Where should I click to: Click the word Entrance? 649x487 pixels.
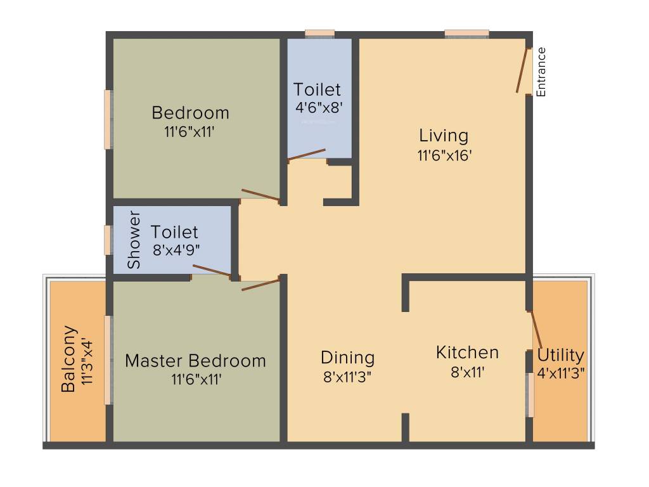coord(541,72)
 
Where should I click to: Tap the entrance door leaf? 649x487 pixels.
coord(523,71)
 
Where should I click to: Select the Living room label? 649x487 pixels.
coord(444,135)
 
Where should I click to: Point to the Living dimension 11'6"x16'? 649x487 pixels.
coord(444,155)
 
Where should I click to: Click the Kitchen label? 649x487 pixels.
coord(467,353)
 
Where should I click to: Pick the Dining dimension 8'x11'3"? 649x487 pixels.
coord(347,377)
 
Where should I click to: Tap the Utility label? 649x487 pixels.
coord(560,355)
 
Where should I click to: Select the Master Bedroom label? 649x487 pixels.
coord(195,361)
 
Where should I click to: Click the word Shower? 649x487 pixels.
coord(134,239)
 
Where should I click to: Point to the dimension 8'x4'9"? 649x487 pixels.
coord(174,250)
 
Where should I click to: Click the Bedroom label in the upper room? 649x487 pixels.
coord(190,113)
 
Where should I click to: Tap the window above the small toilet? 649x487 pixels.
coord(319,34)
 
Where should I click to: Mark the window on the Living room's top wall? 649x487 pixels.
coord(466,34)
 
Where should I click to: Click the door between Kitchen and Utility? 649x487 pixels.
coord(536,330)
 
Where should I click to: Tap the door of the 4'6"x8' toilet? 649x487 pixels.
coord(307,154)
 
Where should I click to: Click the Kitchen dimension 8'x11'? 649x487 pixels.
coord(467,373)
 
